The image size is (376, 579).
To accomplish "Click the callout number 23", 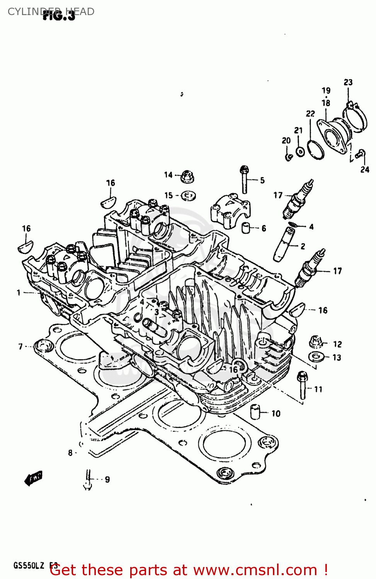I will tap(348, 82).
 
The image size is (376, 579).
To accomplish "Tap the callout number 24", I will tap(364, 169).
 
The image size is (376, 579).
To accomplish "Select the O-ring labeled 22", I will tap(315, 149).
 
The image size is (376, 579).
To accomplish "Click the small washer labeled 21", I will tap(300, 151).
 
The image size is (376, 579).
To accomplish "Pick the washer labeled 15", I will tap(188, 196).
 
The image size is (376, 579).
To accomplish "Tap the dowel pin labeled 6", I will tap(245, 228).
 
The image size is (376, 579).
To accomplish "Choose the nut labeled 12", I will tap(316, 342).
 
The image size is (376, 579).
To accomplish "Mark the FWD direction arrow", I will tap(33, 478).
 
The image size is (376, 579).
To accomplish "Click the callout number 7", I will tap(20, 347).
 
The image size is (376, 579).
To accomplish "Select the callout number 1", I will tap(18, 293).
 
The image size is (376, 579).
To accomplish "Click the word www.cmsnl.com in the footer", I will tap(255, 570).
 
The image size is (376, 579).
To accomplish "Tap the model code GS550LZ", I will tap(29, 566).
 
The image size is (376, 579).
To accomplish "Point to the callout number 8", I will tap(70, 453).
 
